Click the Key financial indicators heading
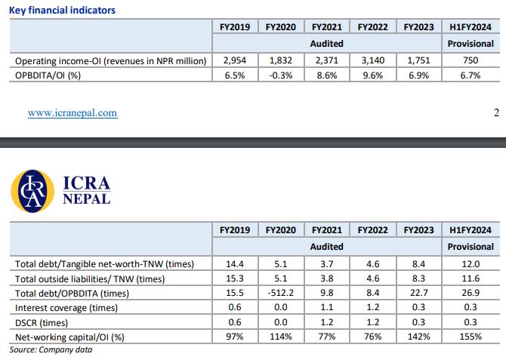(x=63, y=11)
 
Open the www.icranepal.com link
(x=73, y=113)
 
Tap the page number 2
(x=496, y=113)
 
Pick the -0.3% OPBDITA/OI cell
(x=280, y=75)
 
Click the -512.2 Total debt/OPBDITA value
(x=280, y=294)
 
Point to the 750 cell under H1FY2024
(x=471, y=60)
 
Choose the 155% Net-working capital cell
(x=471, y=337)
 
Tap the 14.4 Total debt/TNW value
(x=235, y=264)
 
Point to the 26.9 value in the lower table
(x=471, y=294)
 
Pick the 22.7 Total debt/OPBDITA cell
(x=418, y=294)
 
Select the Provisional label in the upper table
(x=471, y=44)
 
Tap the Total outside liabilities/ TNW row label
(x=89, y=278)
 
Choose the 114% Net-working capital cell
(x=280, y=337)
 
